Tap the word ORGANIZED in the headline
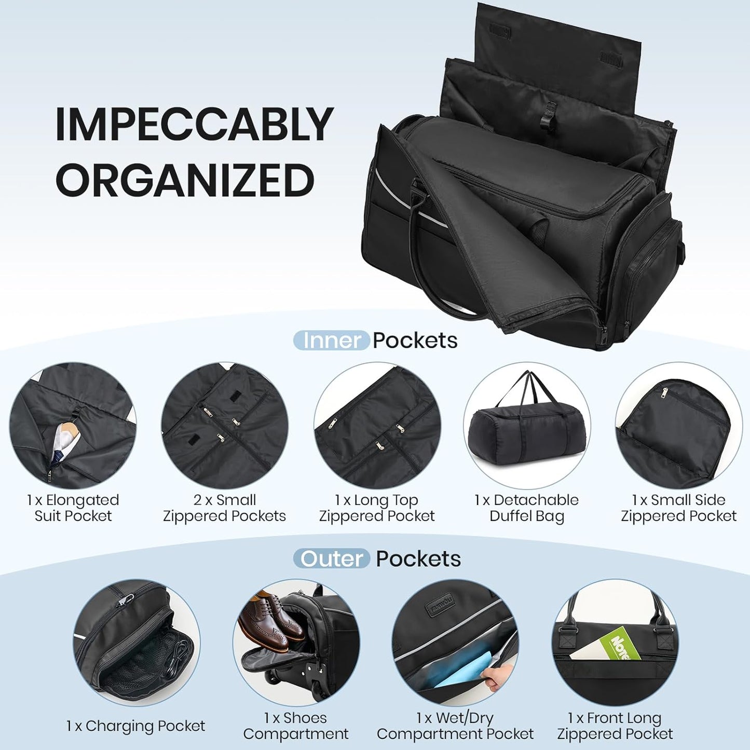coord(185,180)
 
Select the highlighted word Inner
coord(332,340)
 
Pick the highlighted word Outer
coord(332,559)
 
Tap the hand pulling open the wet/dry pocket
coord(495,675)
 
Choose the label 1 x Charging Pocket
coord(135,726)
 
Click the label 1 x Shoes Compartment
coord(295,726)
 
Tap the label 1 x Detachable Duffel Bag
coord(526,508)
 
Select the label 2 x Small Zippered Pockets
coord(224,508)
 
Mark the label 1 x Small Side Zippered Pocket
coord(678,508)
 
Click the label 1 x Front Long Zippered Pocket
coord(615,726)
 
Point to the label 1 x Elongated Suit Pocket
coord(73,508)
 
